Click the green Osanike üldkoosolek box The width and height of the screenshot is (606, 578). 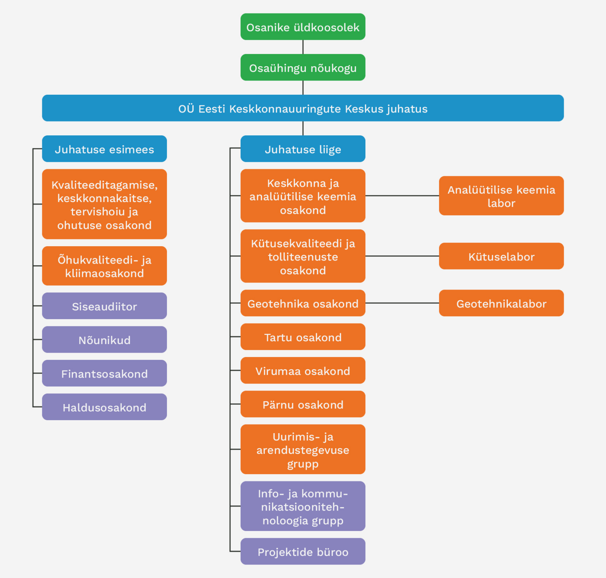point(303,27)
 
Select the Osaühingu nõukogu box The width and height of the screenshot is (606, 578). point(303,67)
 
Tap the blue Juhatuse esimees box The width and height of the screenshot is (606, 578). point(104,149)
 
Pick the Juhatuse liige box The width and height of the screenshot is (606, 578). point(303,149)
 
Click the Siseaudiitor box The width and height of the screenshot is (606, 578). point(104,306)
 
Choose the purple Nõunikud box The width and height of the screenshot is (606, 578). point(104,339)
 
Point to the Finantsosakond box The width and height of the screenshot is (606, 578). point(104,373)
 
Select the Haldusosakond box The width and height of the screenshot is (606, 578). point(104,407)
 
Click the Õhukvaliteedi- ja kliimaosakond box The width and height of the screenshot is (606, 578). point(104,266)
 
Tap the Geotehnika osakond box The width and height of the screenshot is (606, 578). point(303,303)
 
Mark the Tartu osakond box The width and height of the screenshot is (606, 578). point(303,337)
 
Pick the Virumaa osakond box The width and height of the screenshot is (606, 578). point(303,370)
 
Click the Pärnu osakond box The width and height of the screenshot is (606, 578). point(303,404)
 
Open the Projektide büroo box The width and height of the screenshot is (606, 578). point(303,551)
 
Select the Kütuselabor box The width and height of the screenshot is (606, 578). point(501,256)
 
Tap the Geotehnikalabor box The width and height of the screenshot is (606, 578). point(501,303)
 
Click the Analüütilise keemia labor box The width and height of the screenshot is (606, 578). point(501,196)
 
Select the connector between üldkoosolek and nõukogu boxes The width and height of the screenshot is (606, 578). point(303,47)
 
